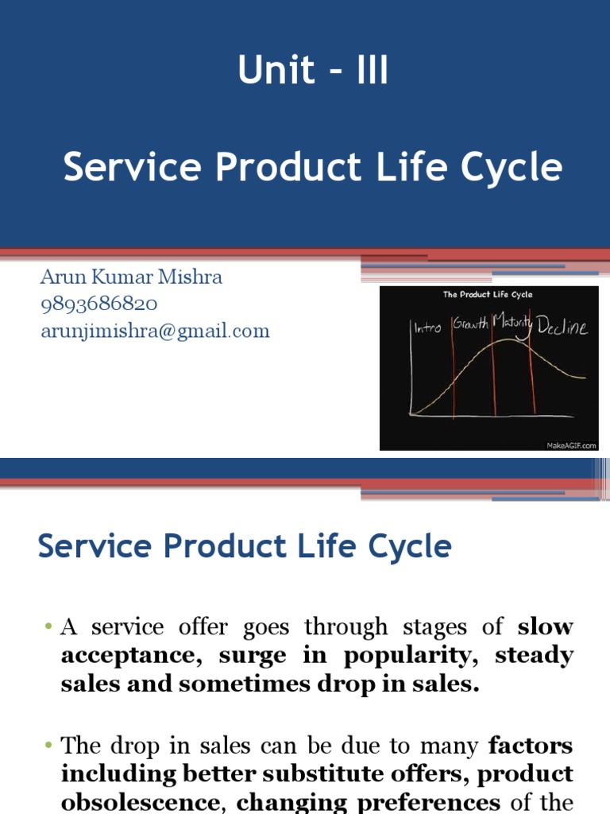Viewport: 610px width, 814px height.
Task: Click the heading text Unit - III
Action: (313, 72)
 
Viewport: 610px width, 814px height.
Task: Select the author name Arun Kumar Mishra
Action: (131, 277)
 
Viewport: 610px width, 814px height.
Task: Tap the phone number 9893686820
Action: (98, 304)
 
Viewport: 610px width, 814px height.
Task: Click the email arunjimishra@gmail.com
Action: (155, 331)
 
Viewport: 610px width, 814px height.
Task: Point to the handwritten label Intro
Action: (428, 326)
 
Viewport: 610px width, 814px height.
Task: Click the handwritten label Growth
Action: (470, 324)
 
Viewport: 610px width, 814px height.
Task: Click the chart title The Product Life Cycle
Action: (488, 295)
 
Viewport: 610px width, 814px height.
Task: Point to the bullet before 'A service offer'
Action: (48, 628)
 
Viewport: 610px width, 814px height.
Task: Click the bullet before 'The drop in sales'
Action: (48, 746)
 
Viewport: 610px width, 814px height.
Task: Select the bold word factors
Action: (531, 746)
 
